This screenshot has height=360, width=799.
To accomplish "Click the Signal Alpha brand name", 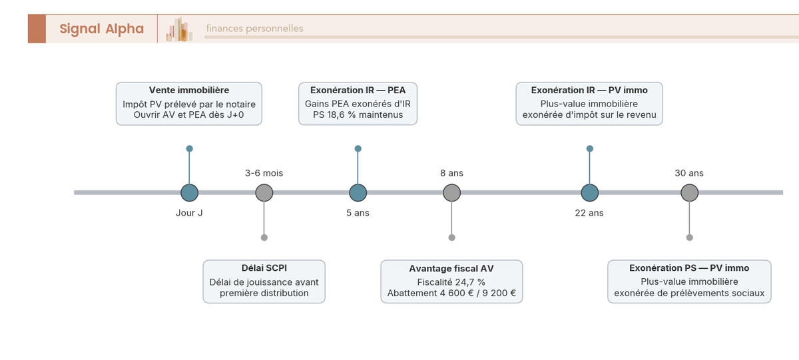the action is [102, 29].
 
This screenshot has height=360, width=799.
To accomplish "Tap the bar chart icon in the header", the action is [179, 29].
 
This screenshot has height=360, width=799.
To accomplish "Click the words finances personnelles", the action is [254, 29].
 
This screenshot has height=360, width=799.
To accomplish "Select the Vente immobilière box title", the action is [189, 90].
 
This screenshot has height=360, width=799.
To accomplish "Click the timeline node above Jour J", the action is [189, 193].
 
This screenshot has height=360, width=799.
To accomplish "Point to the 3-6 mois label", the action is [264, 173].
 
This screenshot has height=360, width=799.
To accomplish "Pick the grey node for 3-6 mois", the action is [264, 193].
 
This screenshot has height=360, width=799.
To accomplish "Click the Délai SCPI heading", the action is [264, 268].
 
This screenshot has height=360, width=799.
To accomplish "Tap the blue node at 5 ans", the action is [358, 193].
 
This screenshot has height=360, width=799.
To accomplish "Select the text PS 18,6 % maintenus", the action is [358, 114].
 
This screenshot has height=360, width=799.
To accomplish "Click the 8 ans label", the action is [451, 173].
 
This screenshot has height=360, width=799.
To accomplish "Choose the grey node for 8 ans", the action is [452, 193].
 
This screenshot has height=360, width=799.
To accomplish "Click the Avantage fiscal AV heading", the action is [451, 268].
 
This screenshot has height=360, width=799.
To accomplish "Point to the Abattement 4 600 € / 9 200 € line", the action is [451, 293].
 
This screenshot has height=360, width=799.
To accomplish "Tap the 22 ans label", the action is [589, 213].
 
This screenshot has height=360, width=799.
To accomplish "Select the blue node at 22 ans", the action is [590, 193].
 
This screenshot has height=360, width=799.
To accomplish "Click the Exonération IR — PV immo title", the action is [589, 90].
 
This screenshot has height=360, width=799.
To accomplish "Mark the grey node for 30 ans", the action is [690, 193].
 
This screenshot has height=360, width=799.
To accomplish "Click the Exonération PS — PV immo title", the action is [689, 268].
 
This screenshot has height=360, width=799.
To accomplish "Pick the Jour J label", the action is [189, 213].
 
